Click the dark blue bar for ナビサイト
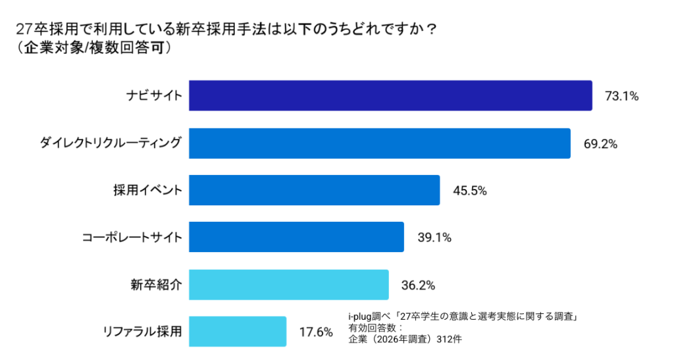[390, 95]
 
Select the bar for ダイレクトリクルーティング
[379, 143]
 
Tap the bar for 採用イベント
[314, 190]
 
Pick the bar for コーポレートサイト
[296, 237]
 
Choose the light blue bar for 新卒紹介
[288, 284]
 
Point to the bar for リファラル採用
[238, 331]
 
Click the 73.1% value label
[621, 96]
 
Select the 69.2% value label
[600, 143]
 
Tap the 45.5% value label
[469, 191]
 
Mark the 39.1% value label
[434, 238]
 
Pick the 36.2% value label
[418, 285]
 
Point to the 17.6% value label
[316, 332]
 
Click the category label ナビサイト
[154, 96]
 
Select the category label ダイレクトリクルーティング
[109, 143]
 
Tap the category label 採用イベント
[147, 191]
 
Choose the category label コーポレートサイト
[131, 238]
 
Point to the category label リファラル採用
[142, 332]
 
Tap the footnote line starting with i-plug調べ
[462, 317]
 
